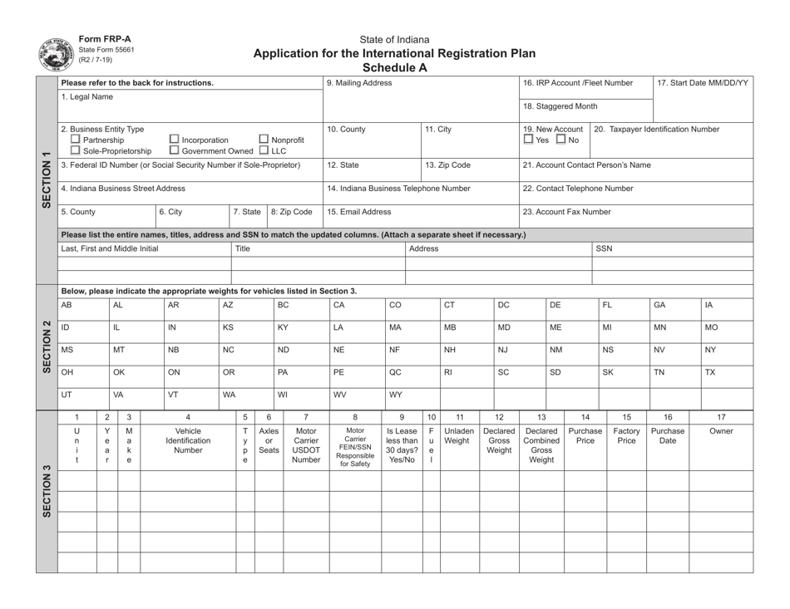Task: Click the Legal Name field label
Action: [x=86, y=97]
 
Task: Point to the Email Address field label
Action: [x=359, y=211]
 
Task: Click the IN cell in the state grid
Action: [x=172, y=328]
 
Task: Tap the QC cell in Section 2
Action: [x=396, y=373]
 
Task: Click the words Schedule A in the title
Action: [x=395, y=67]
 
